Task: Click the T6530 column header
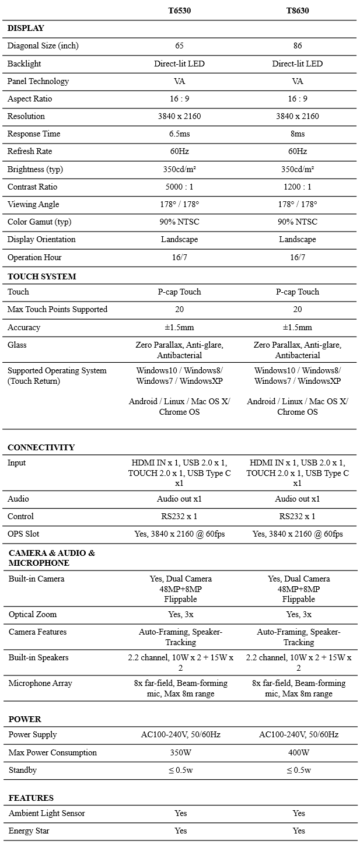click(179, 10)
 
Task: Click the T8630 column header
click(297, 10)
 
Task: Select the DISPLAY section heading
click(26, 28)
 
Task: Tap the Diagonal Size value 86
click(297, 45)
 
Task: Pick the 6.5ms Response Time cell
click(179, 134)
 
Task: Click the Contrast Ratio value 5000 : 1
click(179, 187)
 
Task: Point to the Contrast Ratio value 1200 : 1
click(297, 187)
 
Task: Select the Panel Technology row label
click(38, 81)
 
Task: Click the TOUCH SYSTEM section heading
click(41, 276)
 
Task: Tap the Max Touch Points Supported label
click(57, 309)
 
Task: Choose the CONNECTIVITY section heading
click(41, 447)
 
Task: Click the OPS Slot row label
click(24, 534)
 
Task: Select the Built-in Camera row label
click(36, 579)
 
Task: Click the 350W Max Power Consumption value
click(180, 752)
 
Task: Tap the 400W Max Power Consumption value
click(298, 752)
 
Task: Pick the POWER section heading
click(25, 719)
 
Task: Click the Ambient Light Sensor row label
click(47, 813)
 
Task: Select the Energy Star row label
click(29, 831)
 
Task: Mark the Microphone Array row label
click(40, 683)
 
